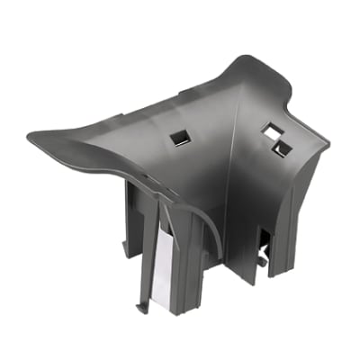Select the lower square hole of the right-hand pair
[283, 147]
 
